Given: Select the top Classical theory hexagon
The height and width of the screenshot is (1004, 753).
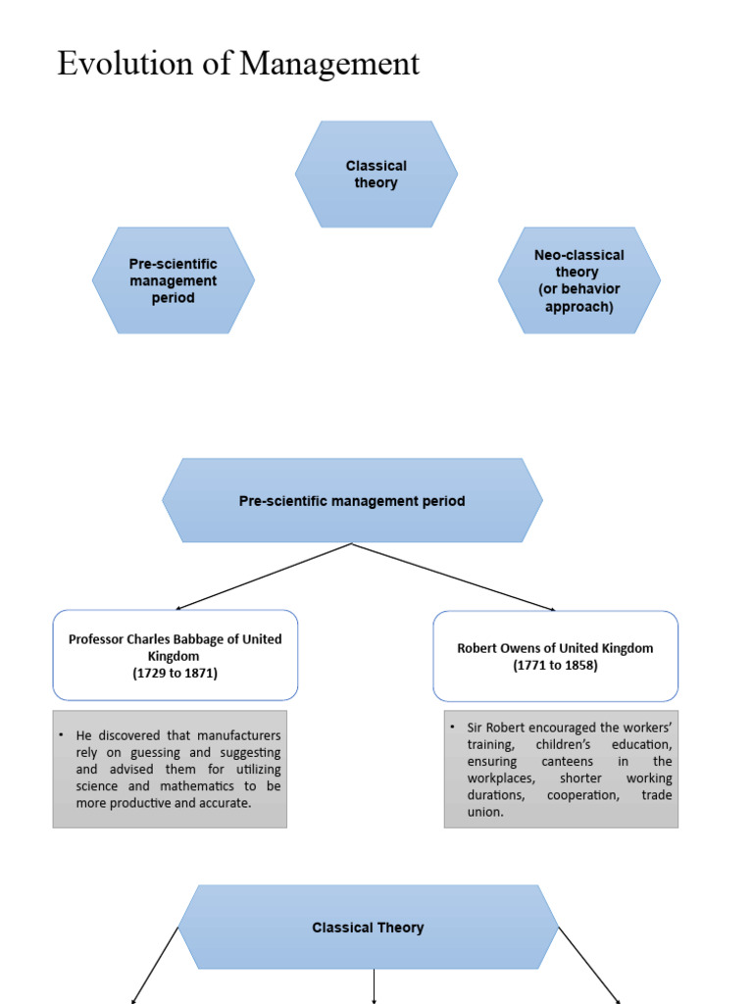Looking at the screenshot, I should (x=376, y=175).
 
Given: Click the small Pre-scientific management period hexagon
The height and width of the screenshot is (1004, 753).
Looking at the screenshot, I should (x=174, y=280).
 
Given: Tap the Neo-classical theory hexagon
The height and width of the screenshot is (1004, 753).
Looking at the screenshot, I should (x=578, y=280).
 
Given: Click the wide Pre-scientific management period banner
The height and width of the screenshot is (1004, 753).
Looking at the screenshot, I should (x=352, y=501).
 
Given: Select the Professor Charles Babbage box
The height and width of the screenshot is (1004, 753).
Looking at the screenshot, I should (x=175, y=655).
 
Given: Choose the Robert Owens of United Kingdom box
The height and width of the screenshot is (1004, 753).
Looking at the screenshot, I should (x=555, y=656).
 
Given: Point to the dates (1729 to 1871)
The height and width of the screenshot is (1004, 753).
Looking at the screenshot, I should (x=175, y=673).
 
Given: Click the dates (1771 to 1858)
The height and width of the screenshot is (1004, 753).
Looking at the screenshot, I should (x=555, y=665).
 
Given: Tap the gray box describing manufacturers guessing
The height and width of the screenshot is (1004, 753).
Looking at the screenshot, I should (x=170, y=769).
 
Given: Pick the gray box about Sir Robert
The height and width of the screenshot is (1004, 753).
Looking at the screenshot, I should (x=560, y=769).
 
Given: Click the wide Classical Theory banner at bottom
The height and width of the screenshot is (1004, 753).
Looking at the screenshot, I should (x=368, y=928).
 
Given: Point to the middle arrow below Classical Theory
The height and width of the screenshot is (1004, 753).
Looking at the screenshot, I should (x=375, y=985).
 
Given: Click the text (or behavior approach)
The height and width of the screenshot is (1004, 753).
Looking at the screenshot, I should (x=578, y=298).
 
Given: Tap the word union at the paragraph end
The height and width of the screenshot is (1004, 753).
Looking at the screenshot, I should (x=484, y=812).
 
